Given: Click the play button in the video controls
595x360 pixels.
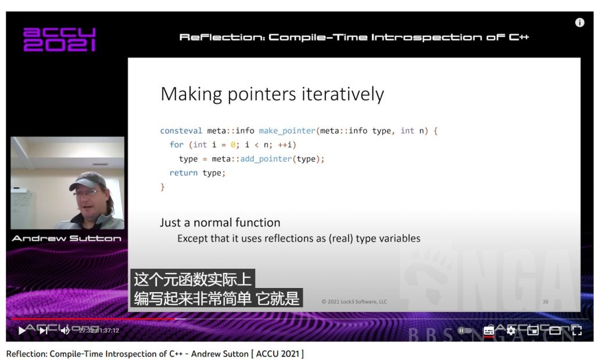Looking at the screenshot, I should point(22,330).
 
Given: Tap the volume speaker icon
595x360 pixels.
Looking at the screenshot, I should point(64,330).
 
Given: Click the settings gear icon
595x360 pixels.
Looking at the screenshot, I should point(511,330).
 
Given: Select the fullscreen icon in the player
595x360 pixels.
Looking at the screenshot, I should point(576,330).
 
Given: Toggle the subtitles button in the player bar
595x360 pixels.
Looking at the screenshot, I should point(489,330).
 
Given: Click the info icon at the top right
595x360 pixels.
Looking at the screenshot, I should point(579,23).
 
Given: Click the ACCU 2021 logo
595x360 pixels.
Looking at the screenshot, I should point(59,39).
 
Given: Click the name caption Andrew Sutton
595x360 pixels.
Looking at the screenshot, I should point(66,238).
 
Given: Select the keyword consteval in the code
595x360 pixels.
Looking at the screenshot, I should point(181,131).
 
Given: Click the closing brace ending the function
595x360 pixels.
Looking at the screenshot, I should point(163,187).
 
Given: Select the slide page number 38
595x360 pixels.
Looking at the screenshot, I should point(545,301).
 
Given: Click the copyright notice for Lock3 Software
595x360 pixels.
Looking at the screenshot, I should point(354,301).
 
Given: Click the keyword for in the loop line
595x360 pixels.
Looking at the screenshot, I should point(177,145).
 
